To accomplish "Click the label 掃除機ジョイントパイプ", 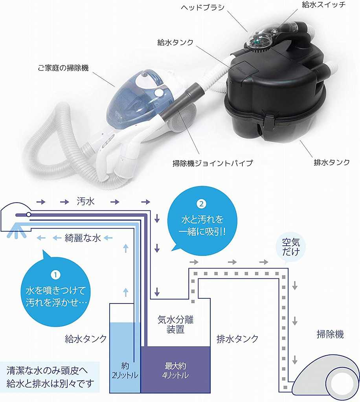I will (213, 163).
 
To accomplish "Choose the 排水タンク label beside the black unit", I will (331, 162).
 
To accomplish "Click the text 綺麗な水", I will (83, 238).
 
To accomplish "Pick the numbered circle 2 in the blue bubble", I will (201, 204).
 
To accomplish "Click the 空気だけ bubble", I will (291, 248).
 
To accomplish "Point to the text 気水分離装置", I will (175, 325).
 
